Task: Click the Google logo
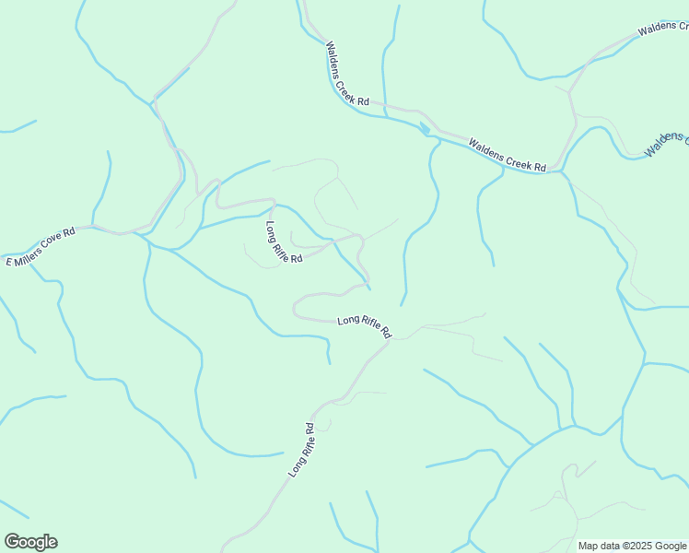pos(30,542)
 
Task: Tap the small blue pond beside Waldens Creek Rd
pos(426,128)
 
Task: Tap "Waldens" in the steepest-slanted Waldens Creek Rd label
pos(333,55)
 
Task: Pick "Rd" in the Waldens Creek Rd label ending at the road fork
pos(541,167)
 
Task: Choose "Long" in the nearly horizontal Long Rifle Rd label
pos(347,320)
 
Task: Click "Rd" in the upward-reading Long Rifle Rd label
pos(310,429)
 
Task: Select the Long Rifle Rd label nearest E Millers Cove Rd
pos(284,242)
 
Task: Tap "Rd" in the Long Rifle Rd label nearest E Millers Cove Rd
pos(297,259)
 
